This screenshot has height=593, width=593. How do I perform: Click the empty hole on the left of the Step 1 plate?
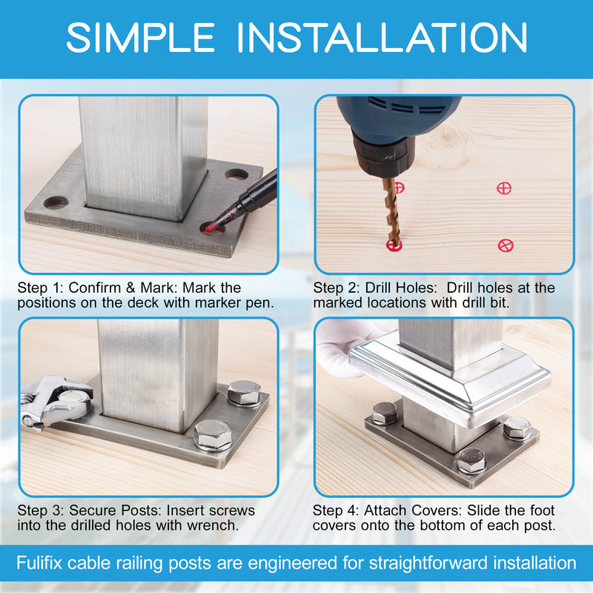pos(56,202)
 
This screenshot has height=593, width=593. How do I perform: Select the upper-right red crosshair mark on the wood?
pos(504,188)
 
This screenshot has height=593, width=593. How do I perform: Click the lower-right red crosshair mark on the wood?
pos(506,245)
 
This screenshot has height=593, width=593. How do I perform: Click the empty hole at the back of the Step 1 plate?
pos(236,175)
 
